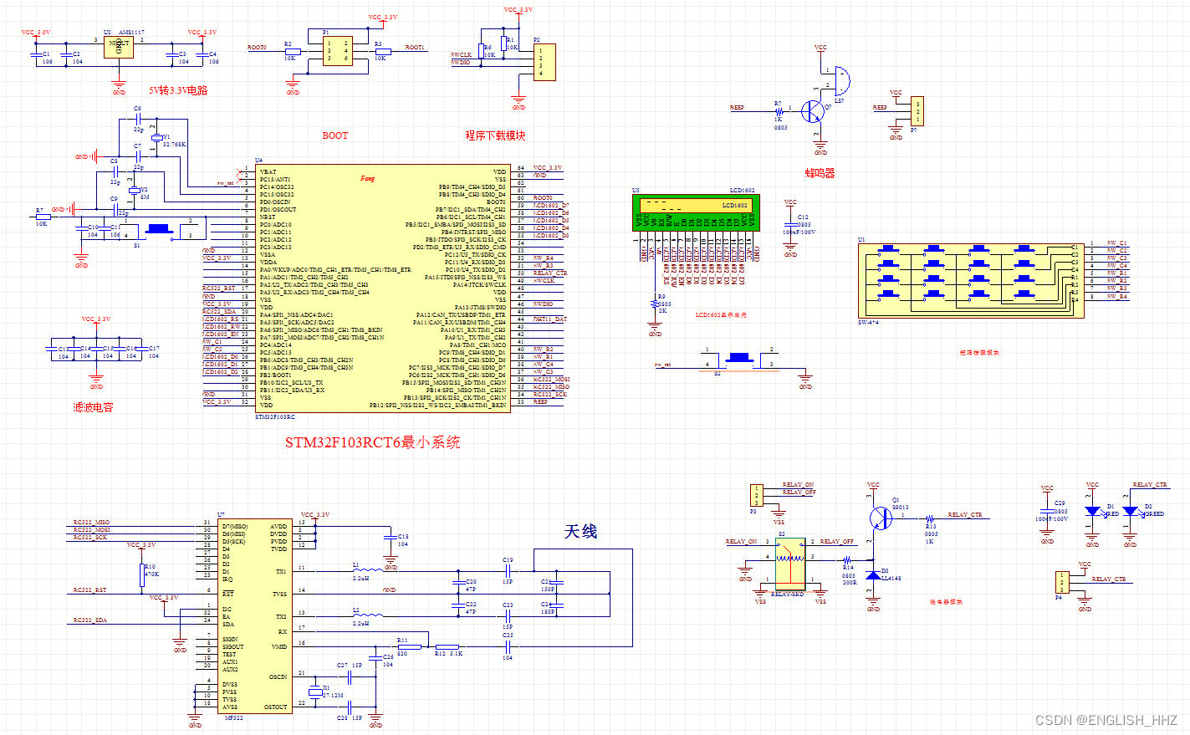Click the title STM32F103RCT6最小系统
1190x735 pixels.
coord(372,442)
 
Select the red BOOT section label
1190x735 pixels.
coord(335,135)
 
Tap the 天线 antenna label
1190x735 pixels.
coord(580,532)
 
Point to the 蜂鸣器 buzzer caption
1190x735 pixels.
coord(820,173)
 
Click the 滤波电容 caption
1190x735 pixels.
coord(93,407)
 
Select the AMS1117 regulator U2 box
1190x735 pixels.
coord(119,46)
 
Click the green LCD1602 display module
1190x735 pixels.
coord(695,212)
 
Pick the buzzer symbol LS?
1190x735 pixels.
coord(840,81)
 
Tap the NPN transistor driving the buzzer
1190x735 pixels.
coord(813,110)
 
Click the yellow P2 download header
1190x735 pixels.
coord(544,62)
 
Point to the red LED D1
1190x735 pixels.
coord(1092,511)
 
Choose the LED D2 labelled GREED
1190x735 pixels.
coord(1130,511)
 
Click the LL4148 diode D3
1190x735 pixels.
coord(873,575)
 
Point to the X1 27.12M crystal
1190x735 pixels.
coord(314,692)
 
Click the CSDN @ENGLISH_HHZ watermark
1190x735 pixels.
coord(1106,720)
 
